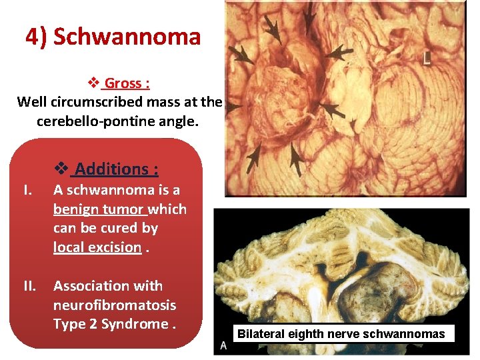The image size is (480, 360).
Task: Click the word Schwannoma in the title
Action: [127, 37]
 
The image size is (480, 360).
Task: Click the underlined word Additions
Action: [116, 169]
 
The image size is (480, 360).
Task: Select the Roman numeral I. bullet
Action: [28, 190]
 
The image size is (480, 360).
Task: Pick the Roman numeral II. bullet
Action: [30, 286]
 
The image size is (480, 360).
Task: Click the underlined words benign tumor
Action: [99, 209]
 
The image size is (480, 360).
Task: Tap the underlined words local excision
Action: [97, 247]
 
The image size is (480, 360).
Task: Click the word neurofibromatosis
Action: [115, 305]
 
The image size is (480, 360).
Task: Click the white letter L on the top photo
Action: [427, 59]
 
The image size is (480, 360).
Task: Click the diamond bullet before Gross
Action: [95, 83]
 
